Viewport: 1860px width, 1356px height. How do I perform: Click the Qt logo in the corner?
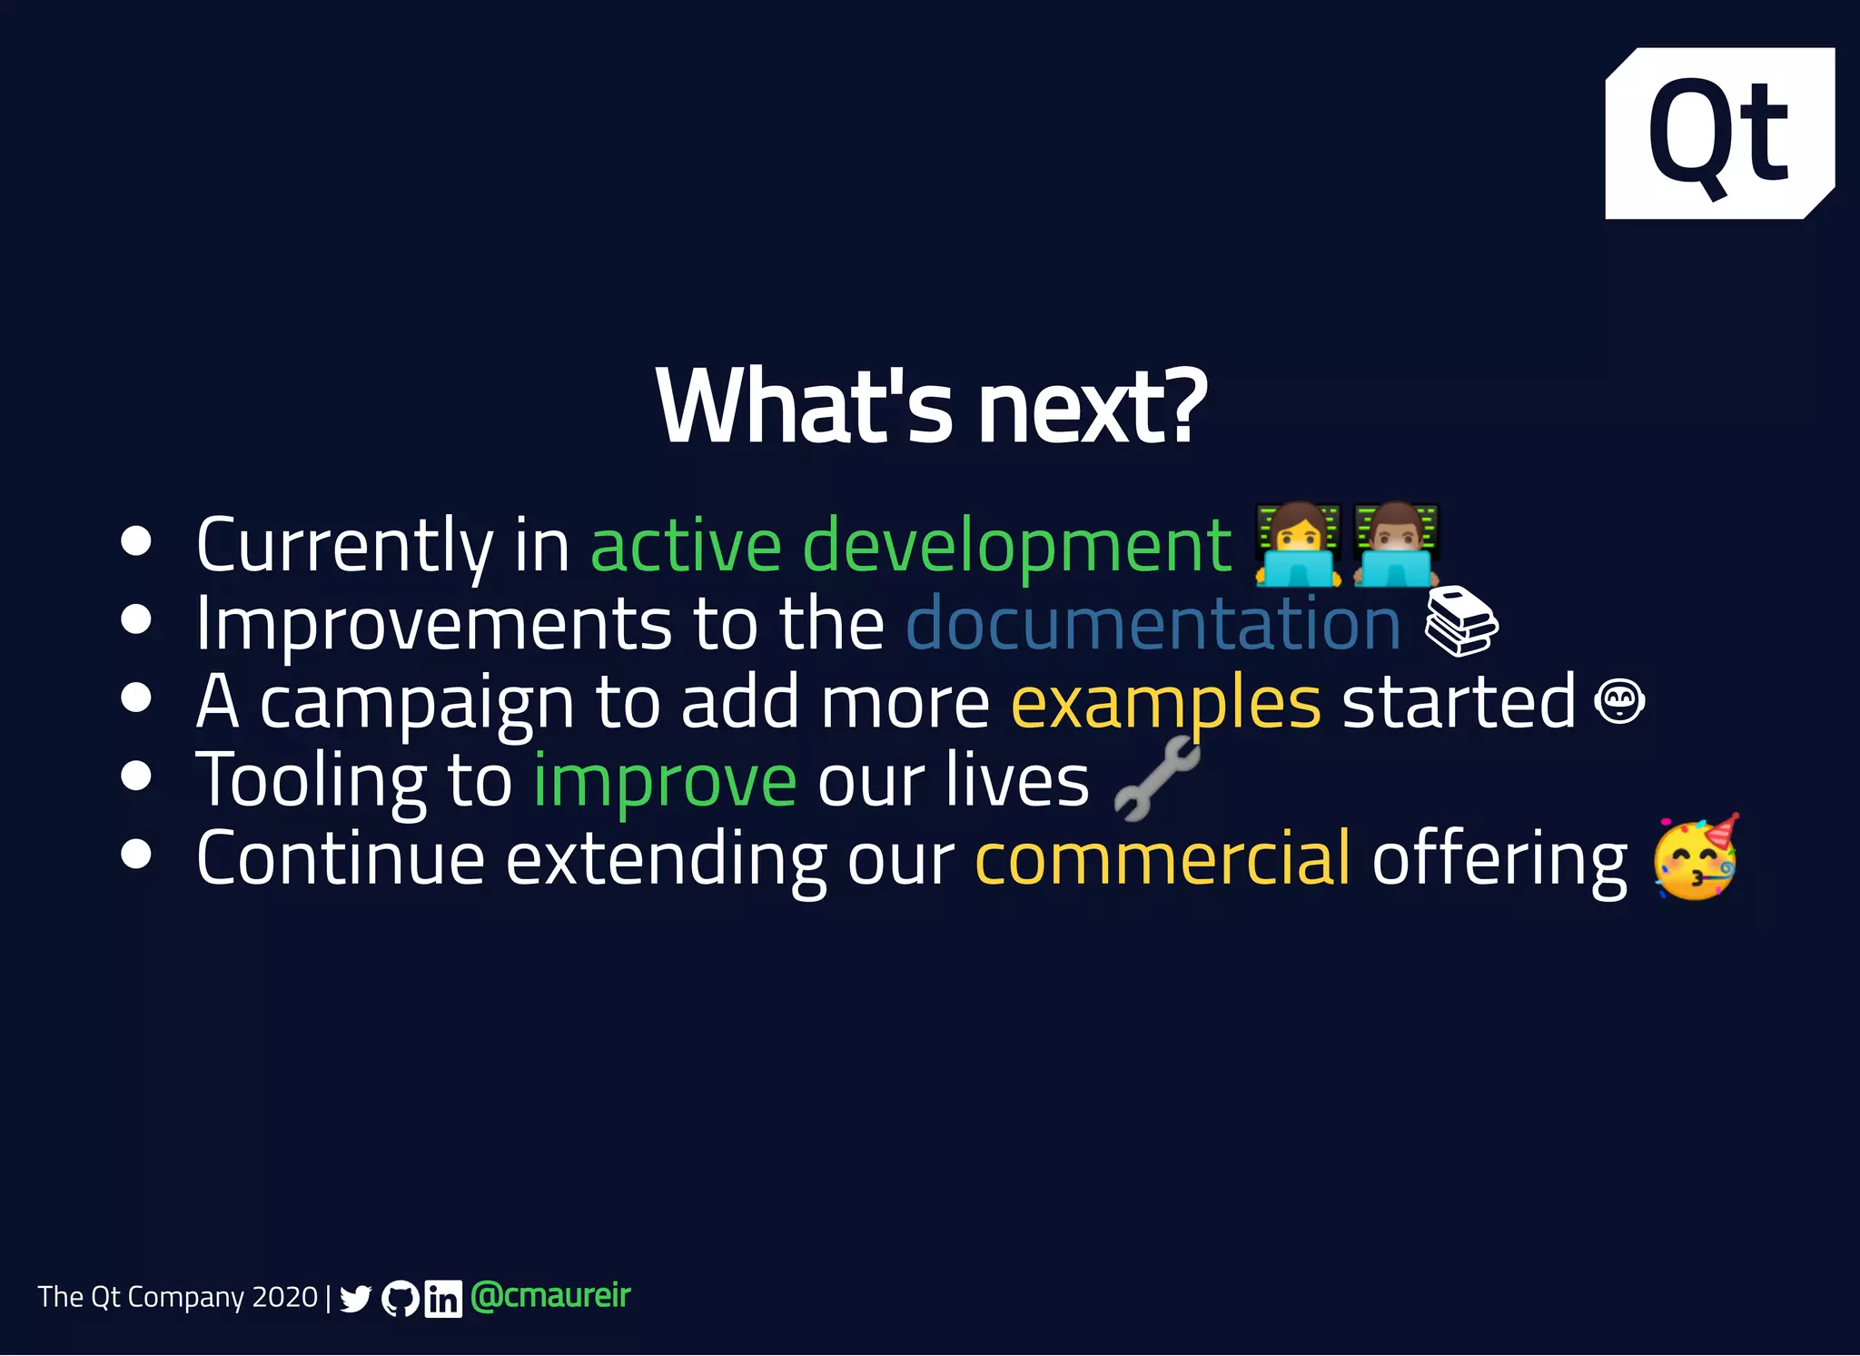[1719, 134]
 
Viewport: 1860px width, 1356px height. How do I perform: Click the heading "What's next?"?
[931, 407]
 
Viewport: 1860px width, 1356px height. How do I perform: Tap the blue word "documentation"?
[1153, 625]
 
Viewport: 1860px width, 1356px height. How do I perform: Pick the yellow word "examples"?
[1166, 703]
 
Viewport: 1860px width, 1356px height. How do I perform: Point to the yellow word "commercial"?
[1162, 859]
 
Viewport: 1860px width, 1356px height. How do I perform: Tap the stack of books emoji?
[1460, 621]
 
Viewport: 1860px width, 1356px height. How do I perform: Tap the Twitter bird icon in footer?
[355, 1299]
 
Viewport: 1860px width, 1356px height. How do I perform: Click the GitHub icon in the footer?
[401, 1299]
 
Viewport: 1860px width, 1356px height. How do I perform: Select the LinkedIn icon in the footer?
[443, 1299]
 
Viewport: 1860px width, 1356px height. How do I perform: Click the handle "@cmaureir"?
[550, 1296]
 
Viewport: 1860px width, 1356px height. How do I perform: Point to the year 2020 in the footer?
[284, 1297]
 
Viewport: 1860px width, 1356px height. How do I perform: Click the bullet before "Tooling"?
[136, 777]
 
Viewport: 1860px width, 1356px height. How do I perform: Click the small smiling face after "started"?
[1620, 702]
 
